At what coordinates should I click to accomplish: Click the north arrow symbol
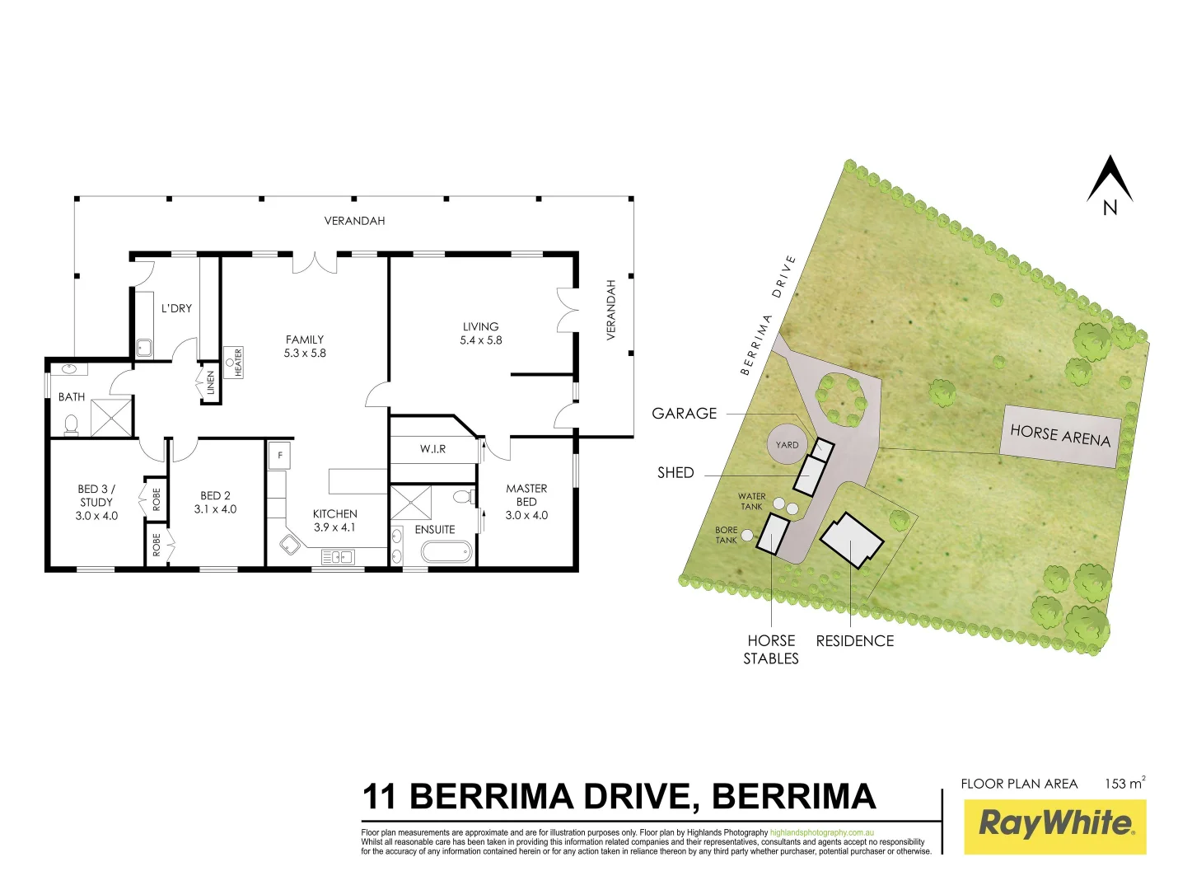pos(1110,180)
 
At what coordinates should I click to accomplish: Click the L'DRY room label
pos(176,308)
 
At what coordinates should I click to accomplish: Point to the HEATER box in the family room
pos(233,362)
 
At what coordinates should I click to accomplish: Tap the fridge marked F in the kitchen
pos(280,455)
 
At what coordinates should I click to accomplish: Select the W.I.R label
pos(432,449)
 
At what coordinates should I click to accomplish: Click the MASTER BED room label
pos(526,494)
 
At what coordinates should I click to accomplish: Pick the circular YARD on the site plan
pos(787,445)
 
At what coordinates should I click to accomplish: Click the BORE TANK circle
pos(747,536)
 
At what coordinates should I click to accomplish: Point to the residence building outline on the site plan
pos(852,540)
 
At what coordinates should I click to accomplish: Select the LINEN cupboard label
pos(210,383)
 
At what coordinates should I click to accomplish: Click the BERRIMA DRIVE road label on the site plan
pos(768,316)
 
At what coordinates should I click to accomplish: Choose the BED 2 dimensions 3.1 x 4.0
pos(215,509)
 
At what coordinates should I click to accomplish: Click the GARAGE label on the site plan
pos(684,414)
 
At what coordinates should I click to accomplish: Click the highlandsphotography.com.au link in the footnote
pos(821,833)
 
